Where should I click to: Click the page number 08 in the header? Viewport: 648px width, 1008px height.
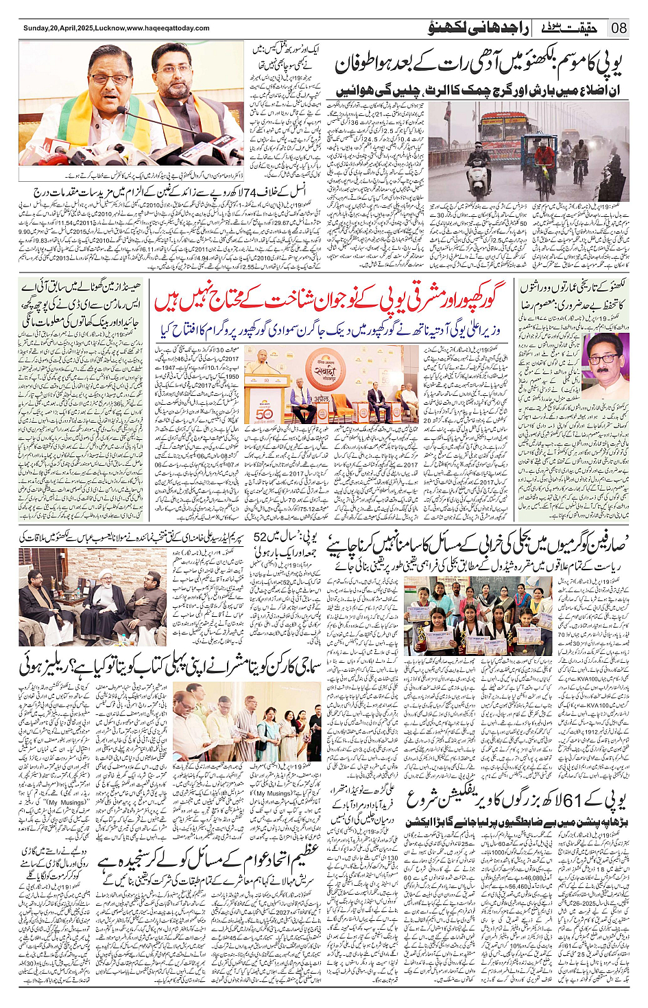point(619,28)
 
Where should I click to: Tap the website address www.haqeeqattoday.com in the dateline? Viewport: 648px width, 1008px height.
point(168,28)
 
